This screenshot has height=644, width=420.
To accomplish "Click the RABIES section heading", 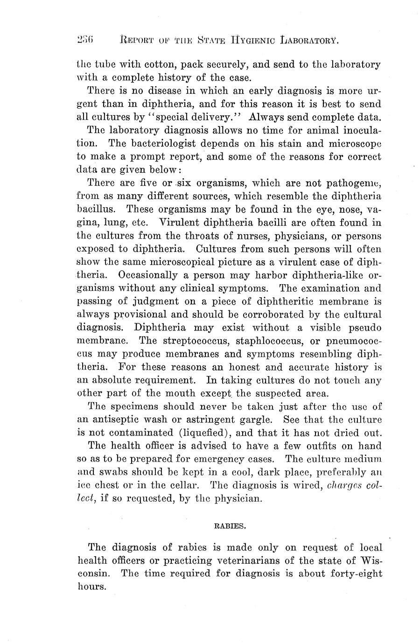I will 230,526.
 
